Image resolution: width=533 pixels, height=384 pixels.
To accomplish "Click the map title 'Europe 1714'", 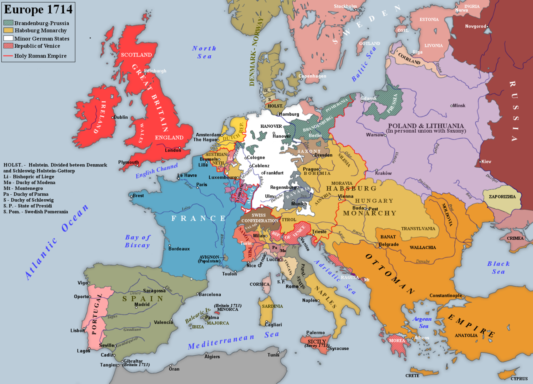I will click(38, 9).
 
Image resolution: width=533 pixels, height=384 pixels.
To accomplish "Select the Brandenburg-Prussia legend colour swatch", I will click(9, 23).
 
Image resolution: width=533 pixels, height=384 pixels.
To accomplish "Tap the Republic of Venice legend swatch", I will click(9, 46).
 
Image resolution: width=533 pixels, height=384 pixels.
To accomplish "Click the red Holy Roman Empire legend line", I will click(8, 56).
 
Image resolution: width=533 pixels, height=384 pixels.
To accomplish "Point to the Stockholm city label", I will click(345, 6).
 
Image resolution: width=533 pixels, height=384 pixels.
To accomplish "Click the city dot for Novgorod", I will click(488, 26).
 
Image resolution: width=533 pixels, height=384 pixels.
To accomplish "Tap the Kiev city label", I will click(485, 161).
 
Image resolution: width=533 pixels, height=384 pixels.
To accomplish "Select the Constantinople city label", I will click(446, 296).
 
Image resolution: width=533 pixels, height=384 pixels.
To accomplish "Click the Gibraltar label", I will click(133, 361).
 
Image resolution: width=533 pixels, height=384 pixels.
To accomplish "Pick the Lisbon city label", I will click(77, 331).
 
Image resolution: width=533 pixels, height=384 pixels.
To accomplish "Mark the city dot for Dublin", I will click(112, 117).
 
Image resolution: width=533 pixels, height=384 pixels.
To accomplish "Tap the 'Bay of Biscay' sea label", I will click(137, 241).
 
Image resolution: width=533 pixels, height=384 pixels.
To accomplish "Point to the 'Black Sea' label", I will click(498, 268).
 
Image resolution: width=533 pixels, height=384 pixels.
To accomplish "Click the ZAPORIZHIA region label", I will click(502, 197).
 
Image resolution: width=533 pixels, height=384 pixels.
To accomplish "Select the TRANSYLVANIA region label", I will click(418, 228).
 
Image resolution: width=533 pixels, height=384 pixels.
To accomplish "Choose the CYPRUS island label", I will click(519, 379).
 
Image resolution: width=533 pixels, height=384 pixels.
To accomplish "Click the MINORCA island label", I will click(227, 310).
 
